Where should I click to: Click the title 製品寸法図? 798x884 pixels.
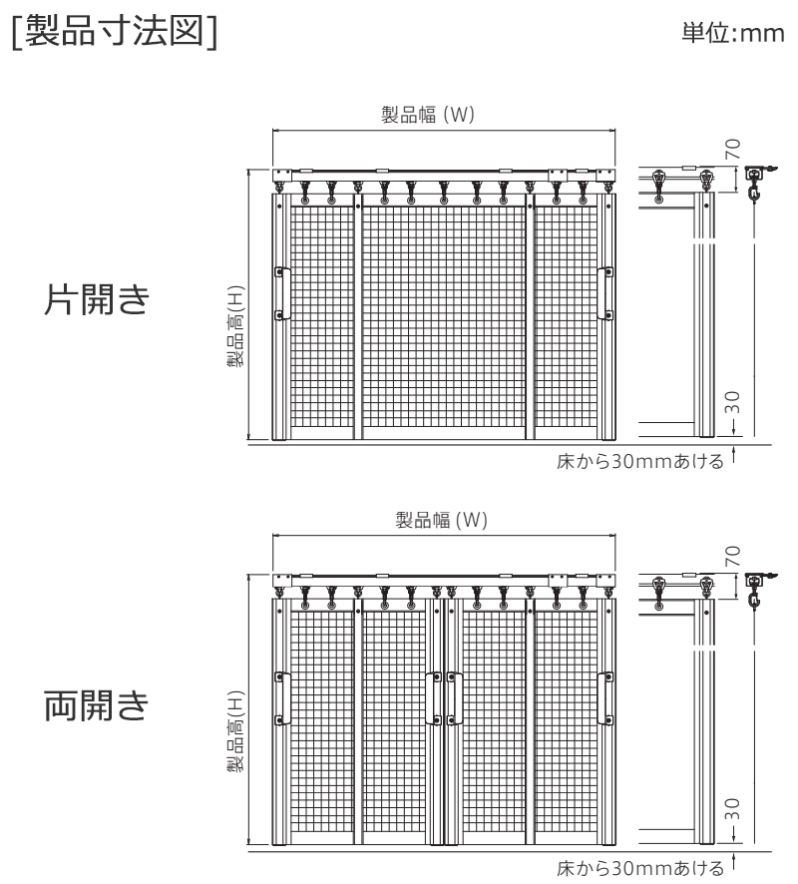[115, 30]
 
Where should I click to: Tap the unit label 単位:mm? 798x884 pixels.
[732, 33]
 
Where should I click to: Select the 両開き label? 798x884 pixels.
[97, 704]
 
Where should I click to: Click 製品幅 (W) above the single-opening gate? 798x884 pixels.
[428, 115]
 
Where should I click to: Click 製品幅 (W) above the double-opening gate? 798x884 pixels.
[441, 519]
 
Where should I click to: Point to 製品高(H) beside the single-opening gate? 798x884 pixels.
[236, 327]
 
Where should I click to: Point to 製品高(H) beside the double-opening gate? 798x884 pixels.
[236, 731]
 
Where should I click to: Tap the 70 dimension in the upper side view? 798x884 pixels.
[732, 150]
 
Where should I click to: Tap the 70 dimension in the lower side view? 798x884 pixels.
[732, 556]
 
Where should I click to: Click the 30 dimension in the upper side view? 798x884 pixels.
[732, 402]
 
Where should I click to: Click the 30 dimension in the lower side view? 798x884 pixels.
[732, 808]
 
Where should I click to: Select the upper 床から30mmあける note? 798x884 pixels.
[640, 462]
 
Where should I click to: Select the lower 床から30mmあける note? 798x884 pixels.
[640, 868]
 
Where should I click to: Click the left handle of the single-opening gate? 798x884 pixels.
[282, 293]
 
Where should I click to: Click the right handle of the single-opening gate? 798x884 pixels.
[605, 293]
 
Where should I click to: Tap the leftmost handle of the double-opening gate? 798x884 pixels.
[282, 698]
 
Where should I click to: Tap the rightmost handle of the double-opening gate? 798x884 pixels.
[605, 698]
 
